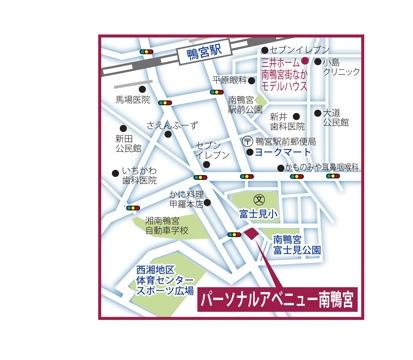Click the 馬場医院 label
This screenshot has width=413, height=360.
coord(130,100)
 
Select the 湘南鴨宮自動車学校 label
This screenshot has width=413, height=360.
coord(166,226)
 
